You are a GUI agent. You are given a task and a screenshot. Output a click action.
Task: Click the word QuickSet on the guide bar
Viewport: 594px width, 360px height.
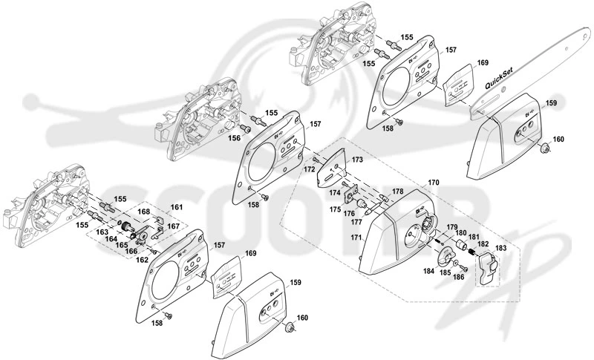pyautogui.click(x=500, y=81)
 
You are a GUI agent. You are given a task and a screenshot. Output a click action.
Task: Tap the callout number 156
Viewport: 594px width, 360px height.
pyautogui.click(x=234, y=138)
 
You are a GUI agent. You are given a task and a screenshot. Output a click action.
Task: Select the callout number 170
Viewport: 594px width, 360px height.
pyautogui.click(x=434, y=183)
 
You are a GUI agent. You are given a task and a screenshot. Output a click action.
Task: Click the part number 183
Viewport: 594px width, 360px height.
pyautogui.click(x=500, y=249)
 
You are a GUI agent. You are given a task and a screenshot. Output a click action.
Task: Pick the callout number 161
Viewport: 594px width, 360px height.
pyautogui.click(x=177, y=207)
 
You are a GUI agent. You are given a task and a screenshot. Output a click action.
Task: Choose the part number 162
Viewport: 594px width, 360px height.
pyautogui.click(x=143, y=260)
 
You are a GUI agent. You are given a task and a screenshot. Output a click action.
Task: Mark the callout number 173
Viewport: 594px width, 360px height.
pyautogui.click(x=357, y=160)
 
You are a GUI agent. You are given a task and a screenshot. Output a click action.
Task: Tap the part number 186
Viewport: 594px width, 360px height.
pyautogui.click(x=458, y=277)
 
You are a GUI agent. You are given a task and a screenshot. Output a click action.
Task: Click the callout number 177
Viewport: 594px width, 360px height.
pyautogui.click(x=356, y=222)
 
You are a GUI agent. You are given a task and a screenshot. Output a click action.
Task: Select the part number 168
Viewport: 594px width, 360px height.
pyautogui.click(x=143, y=212)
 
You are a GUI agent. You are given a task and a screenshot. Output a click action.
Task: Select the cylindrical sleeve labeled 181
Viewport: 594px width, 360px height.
pyautogui.click(x=461, y=244)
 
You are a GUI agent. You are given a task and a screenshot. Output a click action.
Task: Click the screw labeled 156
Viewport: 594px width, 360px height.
pyautogui.click(x=245, y=129)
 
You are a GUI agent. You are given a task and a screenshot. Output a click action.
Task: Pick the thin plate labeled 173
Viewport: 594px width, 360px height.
pyautogui.click(x=330, y=168)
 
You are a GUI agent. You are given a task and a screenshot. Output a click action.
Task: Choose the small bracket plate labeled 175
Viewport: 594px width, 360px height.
pyautogui.click(x=352, y=194)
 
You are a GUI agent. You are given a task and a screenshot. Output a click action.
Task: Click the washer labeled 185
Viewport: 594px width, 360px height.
pyautogui.click(x=455, y=263)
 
